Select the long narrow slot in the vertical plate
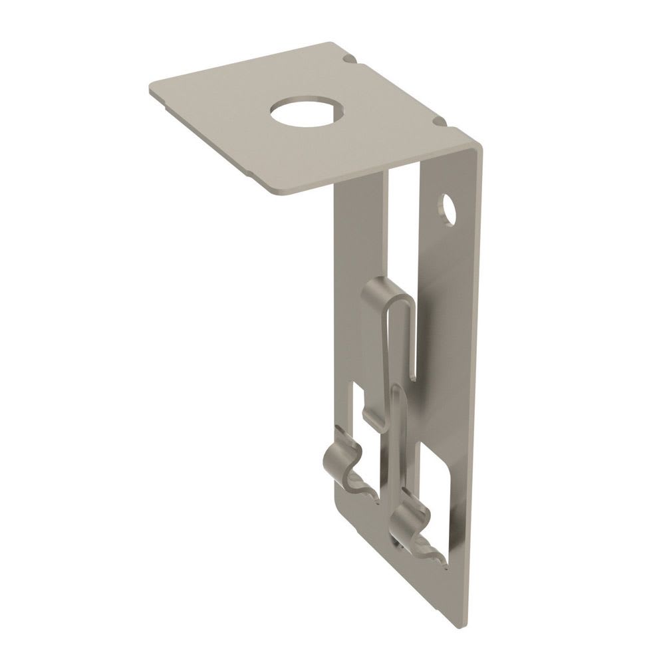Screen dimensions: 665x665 click(x=407, y=266)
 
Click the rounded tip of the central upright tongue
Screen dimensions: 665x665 click(x=396, y=389)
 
